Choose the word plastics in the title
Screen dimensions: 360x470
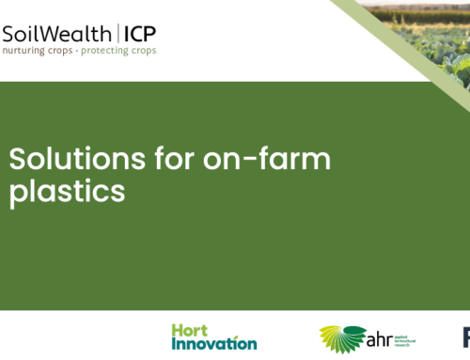click(67, 191)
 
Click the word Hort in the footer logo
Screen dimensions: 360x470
click(190, 330)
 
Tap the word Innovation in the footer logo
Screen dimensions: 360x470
click(214, 343)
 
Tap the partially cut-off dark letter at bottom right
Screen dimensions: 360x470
click(465, 337)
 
